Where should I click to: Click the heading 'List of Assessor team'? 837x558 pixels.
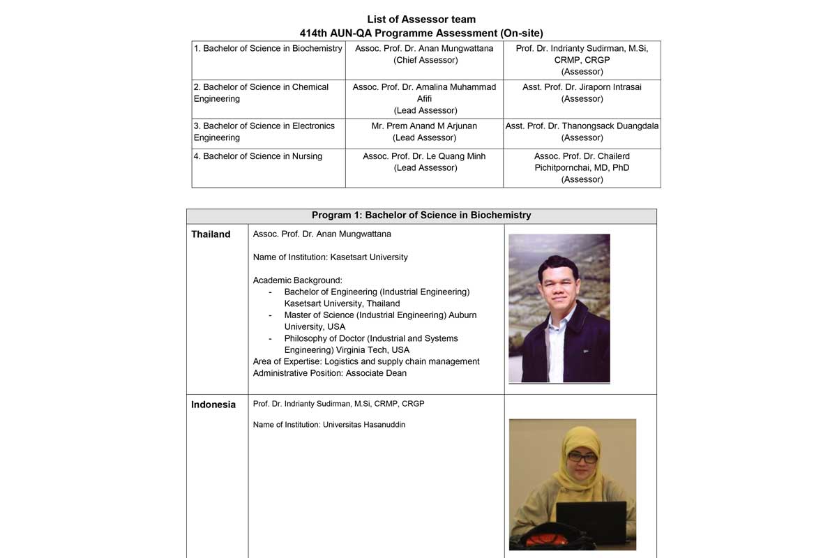(421, 20)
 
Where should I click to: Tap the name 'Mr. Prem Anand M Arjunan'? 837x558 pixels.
(424, 126)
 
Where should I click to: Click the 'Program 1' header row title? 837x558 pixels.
(421, 216)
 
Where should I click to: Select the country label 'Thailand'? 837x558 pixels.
(211, 234)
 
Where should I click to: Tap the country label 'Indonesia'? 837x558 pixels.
(213, 405)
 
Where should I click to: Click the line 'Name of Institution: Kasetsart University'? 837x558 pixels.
(330, 257)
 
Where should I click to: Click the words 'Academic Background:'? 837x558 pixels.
(298, 280)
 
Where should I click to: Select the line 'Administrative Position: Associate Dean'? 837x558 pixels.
(329, 373)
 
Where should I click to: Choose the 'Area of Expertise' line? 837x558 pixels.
(366, 361)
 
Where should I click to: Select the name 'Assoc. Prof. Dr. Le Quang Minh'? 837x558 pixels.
(424, 156)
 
